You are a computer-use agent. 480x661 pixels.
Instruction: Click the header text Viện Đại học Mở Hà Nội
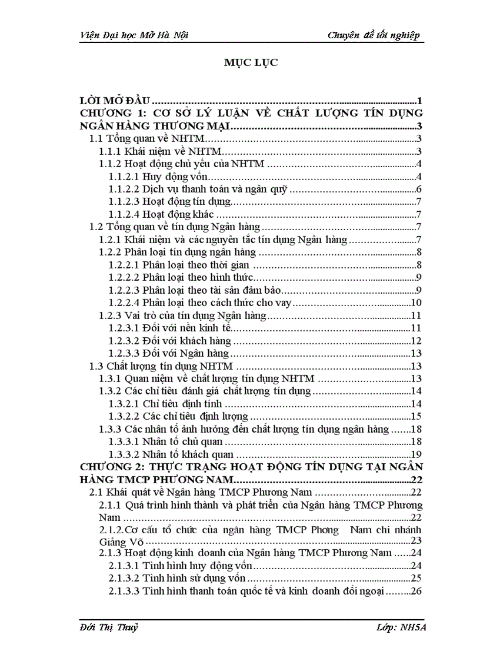(134, 36)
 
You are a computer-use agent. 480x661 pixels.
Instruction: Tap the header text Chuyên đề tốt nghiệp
(374, 36)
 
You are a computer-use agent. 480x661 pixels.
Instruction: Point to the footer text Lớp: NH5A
(402, 627)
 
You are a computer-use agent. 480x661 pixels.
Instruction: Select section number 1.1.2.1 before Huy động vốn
(124, 177)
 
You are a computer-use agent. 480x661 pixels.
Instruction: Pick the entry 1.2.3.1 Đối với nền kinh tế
(167, 328)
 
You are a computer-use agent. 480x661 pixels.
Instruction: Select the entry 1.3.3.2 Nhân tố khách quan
(171, 454)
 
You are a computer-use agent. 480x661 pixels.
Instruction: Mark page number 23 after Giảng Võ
(415, 541)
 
